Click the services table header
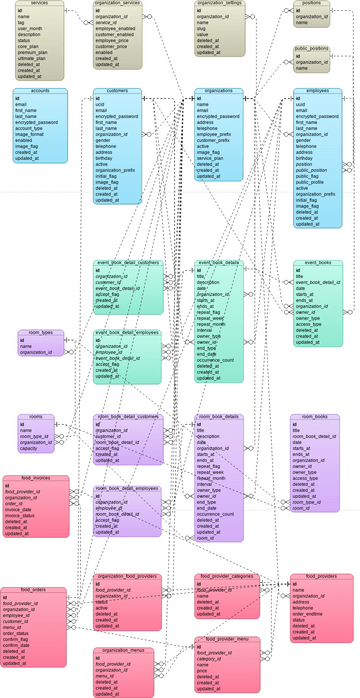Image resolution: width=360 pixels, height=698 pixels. click(40, 4)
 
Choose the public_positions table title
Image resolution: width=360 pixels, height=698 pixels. click(312, 48)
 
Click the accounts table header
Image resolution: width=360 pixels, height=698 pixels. click(40, 90)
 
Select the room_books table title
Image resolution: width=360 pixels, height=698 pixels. click(315, 416)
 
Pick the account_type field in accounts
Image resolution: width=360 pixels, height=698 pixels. click(31, 127)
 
